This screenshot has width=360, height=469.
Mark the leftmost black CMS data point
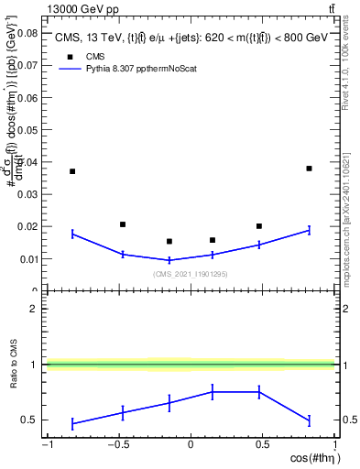pyautogui.click(x=72, y=171)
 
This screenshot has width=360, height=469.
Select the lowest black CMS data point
pyautogui.click(x=169, y=242)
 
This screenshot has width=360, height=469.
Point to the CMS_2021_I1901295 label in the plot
pyautogui.click(x=191, y=274)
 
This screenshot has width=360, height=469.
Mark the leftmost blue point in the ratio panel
pyautogui.click(x=72, y=423)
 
